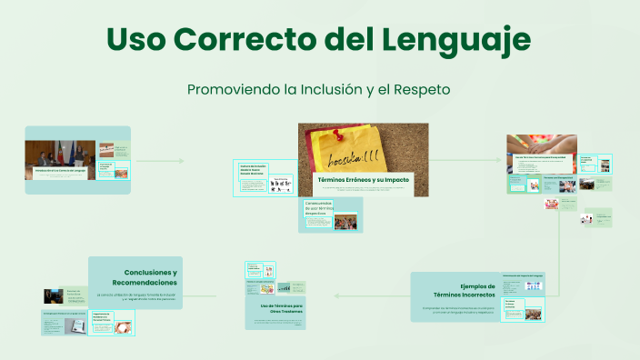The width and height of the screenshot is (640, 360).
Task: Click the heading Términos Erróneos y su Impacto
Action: [362, 180]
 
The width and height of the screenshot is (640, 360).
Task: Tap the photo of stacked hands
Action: [542, 145]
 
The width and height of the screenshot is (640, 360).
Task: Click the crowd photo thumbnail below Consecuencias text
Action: [345, 222]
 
